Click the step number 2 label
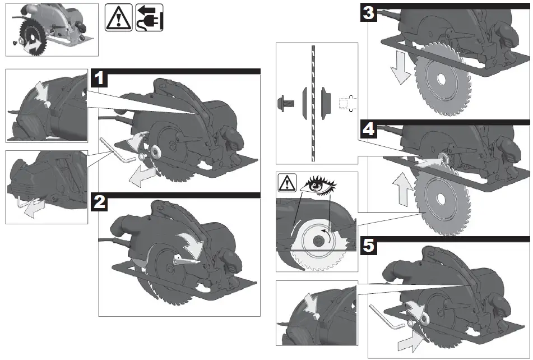point(100,202)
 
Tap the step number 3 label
point(368,13)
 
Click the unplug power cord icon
point(149,17)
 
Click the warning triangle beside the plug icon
point(119,17)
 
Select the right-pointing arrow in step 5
point(409,339)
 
